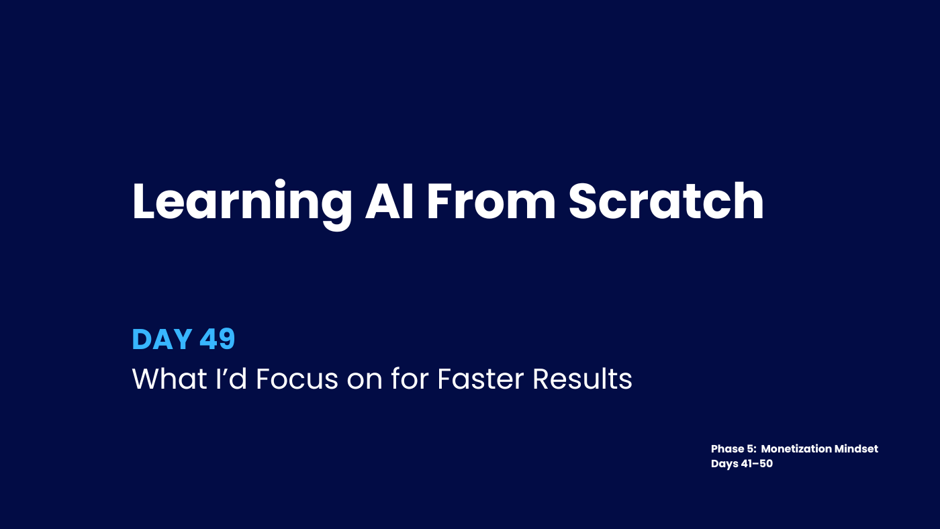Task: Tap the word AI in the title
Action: (x=389, y=201)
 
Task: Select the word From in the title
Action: (x=491, y=201)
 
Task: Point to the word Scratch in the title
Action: (x=666, y=201)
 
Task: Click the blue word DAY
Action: (x=162, y=339)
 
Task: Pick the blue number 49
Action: (x=218, y=339)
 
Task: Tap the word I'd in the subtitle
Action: (x=231, y=379)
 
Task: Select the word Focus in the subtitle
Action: (x=297, y=379)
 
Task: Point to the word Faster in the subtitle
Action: (x=481, y=379)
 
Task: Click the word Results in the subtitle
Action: (x=583, y=379)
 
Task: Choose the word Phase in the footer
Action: (x=728, y=449)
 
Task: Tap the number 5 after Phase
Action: (x=751, y=449)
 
